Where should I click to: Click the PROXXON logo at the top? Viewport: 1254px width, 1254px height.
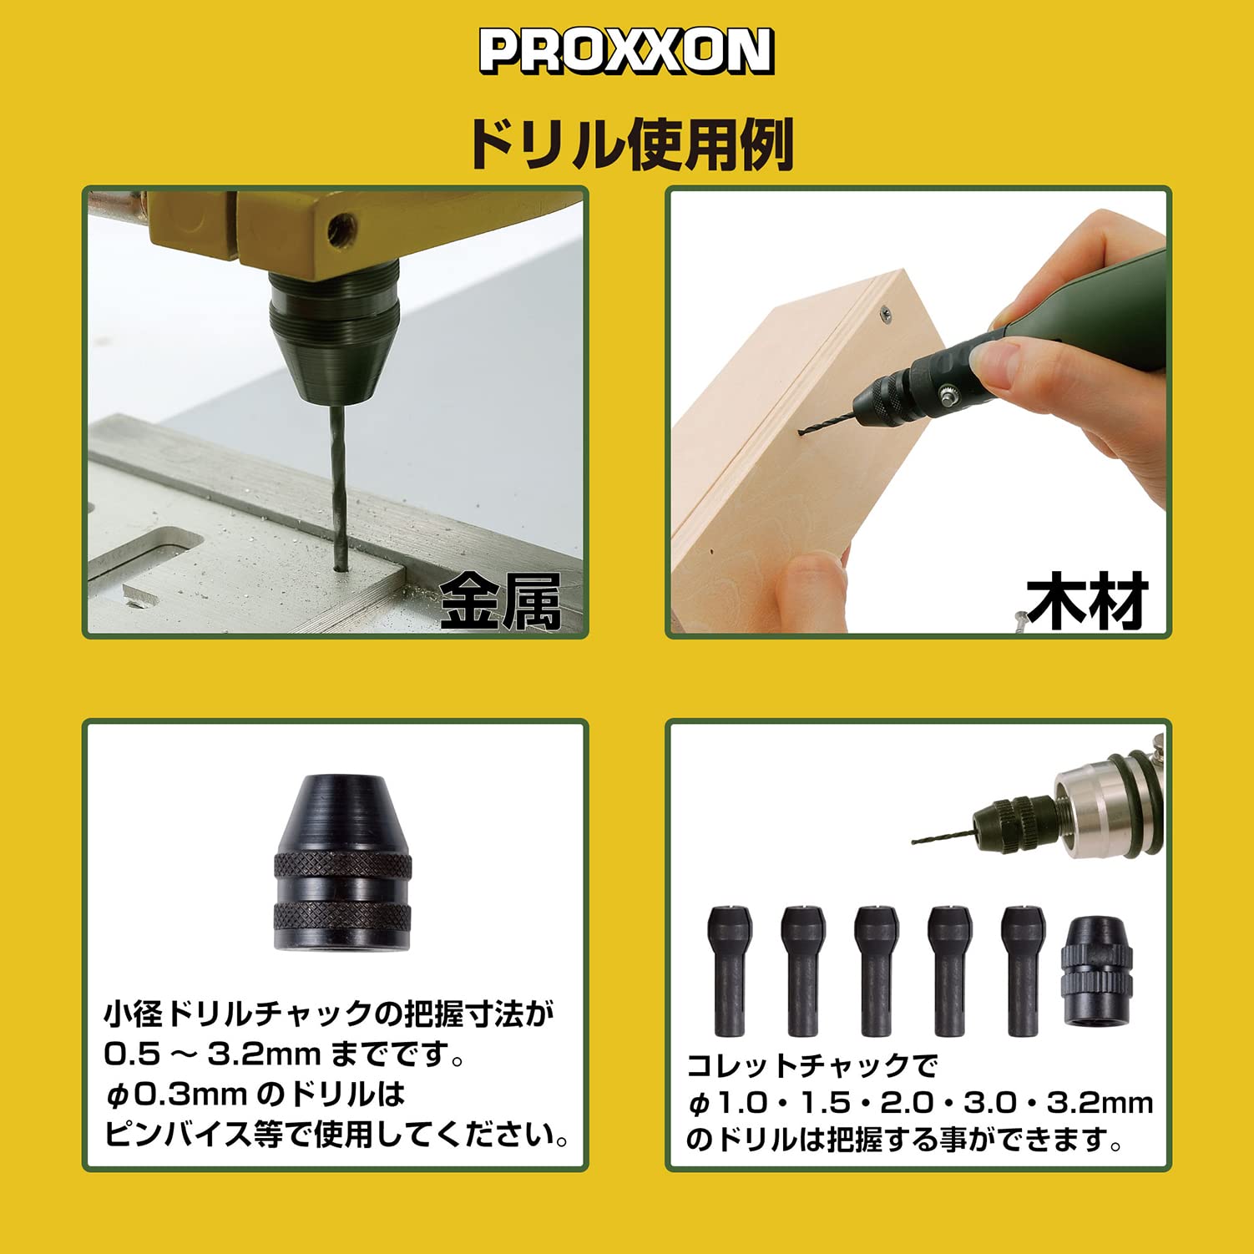pos(626,51)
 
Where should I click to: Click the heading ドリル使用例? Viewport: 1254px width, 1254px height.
pos(629,144)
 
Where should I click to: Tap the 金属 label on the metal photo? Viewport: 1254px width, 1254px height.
pos(500,600)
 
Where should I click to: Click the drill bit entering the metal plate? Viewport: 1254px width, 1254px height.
pos(338,483)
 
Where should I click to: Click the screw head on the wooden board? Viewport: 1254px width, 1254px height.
pos(885,314)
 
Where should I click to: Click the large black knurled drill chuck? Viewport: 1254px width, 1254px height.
pos(342,862)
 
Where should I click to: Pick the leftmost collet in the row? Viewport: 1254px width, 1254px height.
pos(729,970)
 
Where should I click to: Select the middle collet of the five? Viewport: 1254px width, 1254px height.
pos(877,970)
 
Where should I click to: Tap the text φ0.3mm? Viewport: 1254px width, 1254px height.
pos(177,1094)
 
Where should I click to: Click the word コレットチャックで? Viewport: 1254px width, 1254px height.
pos(812,1065)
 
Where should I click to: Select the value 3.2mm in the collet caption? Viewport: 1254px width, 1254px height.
pos(1100,1103)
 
